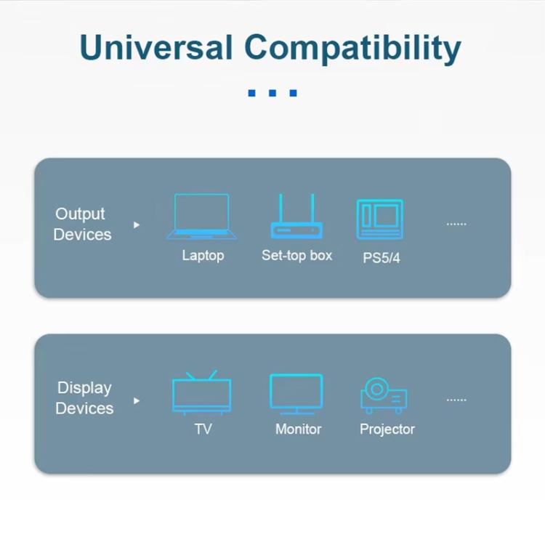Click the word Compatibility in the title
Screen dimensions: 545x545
coord(353,49)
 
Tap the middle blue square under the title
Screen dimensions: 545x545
coord(272,93)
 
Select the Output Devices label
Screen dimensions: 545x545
coord(81,224)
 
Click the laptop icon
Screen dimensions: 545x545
coord(202,217)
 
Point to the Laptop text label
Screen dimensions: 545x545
coord(203,256)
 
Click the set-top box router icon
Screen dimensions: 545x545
coord(296,217)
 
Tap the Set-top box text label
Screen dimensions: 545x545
coord(296,256)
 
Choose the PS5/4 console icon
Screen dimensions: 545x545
coord(379,219)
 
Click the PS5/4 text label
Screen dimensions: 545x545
coord(381,258)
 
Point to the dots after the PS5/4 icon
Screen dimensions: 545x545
coord(456,224)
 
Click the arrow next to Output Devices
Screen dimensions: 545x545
coord(136,225)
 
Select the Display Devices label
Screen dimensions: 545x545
coord(84,398)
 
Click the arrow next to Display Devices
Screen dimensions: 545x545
coord(136,400)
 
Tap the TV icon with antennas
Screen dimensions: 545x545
coord(202,392)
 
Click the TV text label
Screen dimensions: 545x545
coord(203,429)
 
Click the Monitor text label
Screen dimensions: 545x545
coord(298,429)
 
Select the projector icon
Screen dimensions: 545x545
coord(384,395)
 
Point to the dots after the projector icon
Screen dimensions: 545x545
coord(456,400)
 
